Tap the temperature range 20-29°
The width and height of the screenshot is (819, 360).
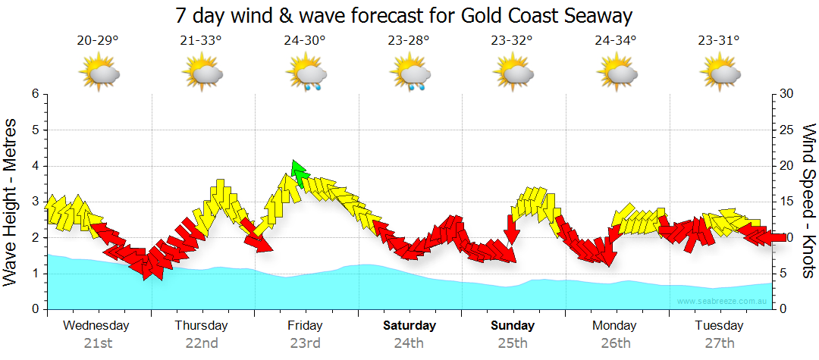98,40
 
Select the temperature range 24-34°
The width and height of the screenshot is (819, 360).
616,40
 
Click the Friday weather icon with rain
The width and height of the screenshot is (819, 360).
306,75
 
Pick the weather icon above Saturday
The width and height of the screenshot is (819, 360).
410,75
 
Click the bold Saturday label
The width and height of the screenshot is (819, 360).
409,326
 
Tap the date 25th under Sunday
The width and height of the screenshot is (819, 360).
513,343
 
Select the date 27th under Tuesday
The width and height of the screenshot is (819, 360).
720,343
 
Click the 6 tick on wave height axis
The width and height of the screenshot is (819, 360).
35,94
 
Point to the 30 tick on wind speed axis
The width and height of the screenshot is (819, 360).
787,94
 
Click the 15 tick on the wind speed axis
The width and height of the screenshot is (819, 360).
787,202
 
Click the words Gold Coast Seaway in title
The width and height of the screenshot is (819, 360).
545,15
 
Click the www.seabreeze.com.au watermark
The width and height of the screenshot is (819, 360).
723,301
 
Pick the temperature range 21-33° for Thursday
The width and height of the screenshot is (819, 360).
201,40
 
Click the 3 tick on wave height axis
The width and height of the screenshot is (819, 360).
35,202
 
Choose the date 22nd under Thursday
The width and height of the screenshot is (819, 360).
202,343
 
